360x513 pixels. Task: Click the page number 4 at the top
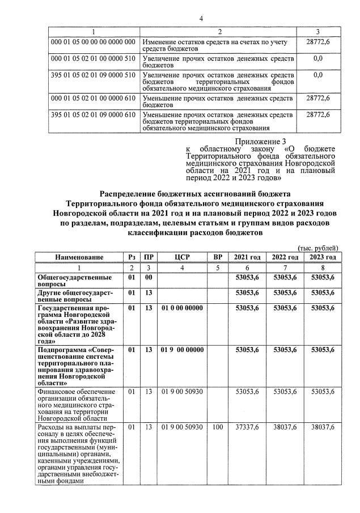[201, 19]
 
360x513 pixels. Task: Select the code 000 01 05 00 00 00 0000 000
[94, 42]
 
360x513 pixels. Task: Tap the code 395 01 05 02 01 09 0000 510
[94, 75]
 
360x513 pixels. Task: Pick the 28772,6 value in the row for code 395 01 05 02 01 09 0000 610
[317, 115]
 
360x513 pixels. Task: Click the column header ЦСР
[182, 257]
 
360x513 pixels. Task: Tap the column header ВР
[217, 257]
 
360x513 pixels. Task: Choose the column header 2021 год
[247, 257]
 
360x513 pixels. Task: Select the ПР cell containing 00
[149, 277]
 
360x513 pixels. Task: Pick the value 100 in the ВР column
[217, 427]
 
